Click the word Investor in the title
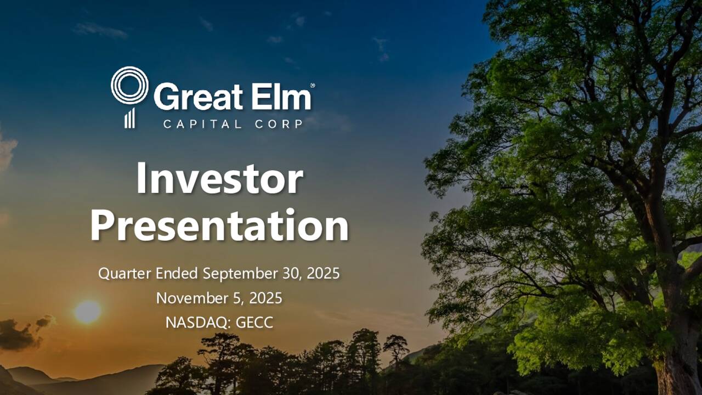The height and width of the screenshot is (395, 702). [x=219, y=178]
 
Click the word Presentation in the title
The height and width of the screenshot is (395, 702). [x=219, y=225]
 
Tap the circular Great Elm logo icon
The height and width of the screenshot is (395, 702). [x=129, y=87]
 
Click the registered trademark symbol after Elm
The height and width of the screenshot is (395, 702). [x=313, y=86]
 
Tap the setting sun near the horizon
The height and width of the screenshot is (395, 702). [x=88, y=312]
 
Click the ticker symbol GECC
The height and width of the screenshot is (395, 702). [x=254, y=323]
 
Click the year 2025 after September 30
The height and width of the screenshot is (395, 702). [x=323, y=273]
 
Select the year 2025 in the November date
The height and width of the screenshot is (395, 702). [x=265, y=298]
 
